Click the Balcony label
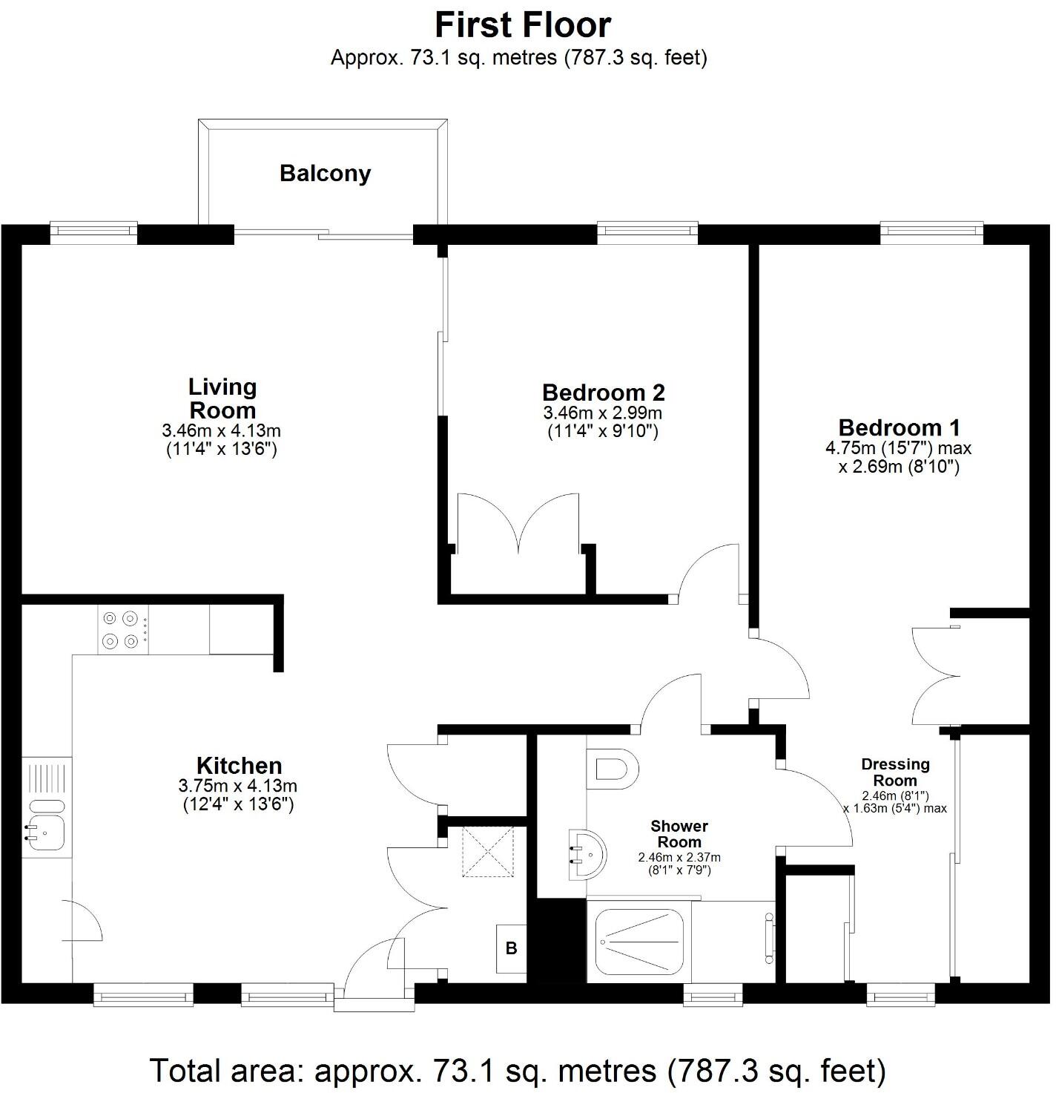[325, 174]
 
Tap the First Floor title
[522, 24]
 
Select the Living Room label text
[222, 398]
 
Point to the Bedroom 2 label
[603, 392]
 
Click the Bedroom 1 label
[899, 427]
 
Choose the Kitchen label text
[239, 765]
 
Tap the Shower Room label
[679, 834]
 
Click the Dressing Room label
[895, 772]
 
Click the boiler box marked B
[511, 948]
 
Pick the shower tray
[640, 942]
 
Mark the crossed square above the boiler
[488, 850]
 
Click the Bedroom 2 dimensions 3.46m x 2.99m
[603, 413]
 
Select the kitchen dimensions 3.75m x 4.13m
[239, 786]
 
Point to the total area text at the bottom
[518, 1070]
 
